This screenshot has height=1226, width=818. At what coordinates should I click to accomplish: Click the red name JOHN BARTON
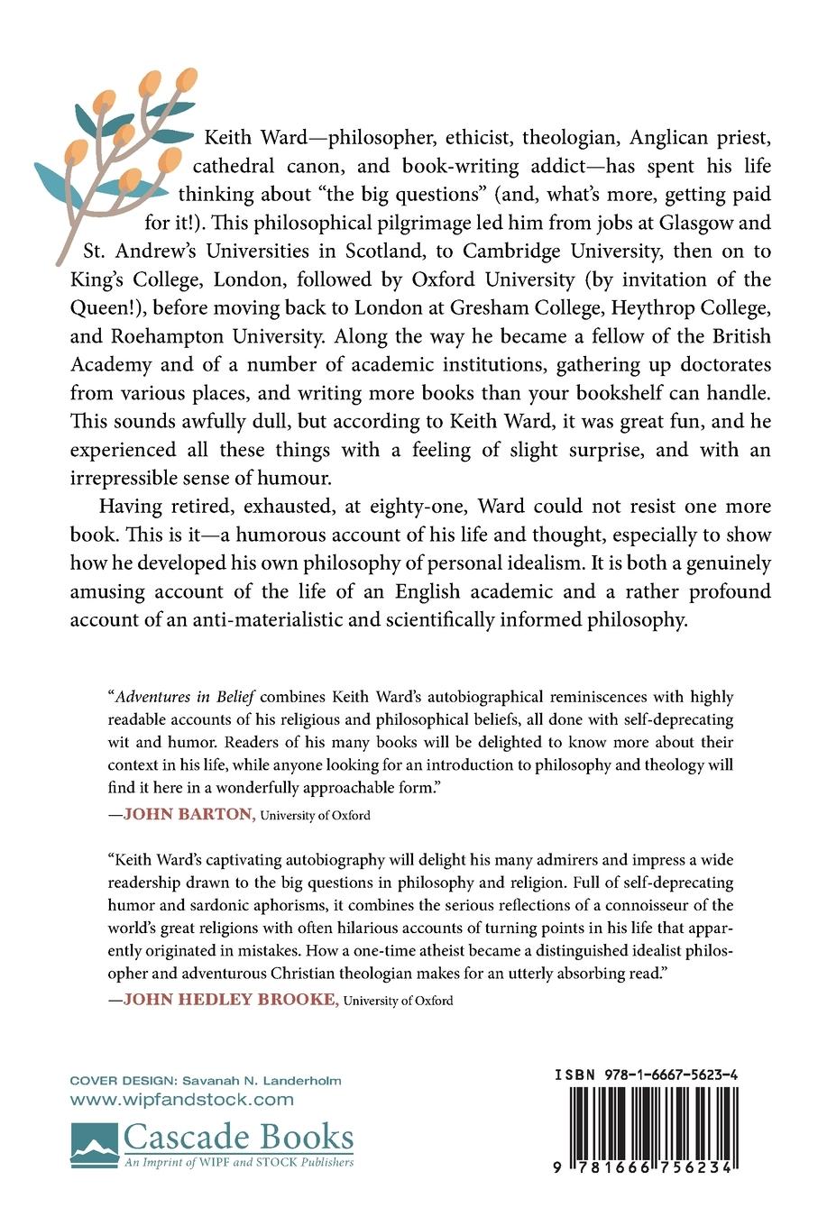tap(189, 815)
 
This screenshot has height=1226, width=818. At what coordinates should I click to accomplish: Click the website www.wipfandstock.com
tap(182, 1099)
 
